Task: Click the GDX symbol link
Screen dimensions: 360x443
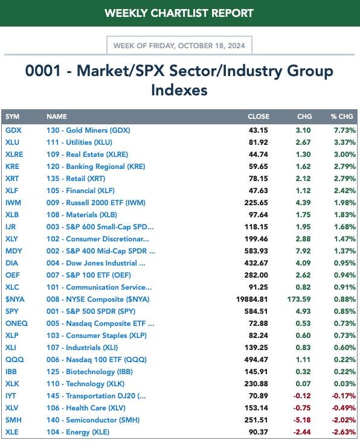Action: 13,130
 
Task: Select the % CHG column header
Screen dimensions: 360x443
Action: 342,116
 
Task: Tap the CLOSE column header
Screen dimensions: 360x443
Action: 259,116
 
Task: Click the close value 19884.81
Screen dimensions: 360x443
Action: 252,299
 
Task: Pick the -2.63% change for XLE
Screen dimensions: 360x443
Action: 344,432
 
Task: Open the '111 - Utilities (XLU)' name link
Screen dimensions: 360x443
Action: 80,142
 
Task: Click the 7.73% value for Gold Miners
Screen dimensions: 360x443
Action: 345,130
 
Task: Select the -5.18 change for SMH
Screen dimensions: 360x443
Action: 302,420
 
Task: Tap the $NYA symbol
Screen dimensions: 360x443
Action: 15,299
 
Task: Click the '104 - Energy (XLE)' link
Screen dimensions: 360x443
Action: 78,432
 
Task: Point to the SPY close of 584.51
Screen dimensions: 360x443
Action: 256,311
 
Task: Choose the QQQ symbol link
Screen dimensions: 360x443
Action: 14,360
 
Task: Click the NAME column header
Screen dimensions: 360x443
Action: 57,116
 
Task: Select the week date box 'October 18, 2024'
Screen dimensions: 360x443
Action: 179,45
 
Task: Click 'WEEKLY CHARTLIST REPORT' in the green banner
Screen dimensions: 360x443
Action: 179,13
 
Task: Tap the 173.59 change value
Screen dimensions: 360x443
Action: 299,299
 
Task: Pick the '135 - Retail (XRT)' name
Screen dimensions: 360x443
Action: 76,179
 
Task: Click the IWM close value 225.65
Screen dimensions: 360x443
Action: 256,203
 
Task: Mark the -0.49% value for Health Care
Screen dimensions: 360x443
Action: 344,408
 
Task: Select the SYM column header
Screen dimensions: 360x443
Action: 12,116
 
